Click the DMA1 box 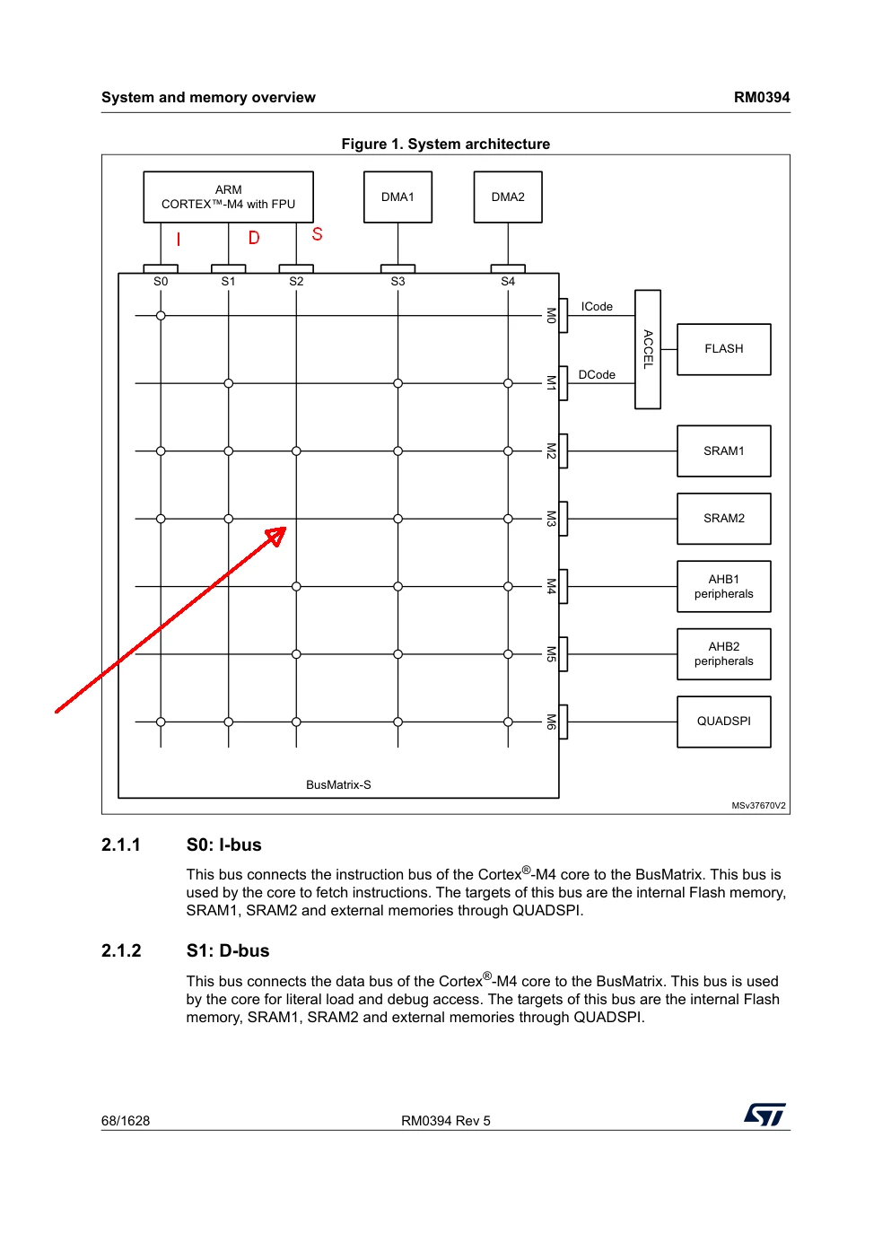click(x=397, y=197)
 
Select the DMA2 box click(x=508, y=197)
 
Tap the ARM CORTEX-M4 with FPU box click(x=229, y=197)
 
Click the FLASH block click(x=724, y=349)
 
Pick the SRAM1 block click(x=724, y=451)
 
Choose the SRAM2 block click(x=724, y=519)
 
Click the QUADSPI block click(x=724, y=722)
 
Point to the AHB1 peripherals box click(x=724, y=586)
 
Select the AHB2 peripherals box click(x=724, y=654)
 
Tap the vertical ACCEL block click(x=648, y=349)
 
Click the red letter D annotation click(x=254, y=238)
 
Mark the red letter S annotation click(x=318, y=234)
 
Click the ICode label click(x=597, y=307)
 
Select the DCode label click(x=597, y=374)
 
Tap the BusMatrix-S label click(x=338, y=784)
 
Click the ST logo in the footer click(x=765, y=1115)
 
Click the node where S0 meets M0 click(x=161, y=316)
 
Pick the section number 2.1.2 click(x=121, y=950)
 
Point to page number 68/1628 click(x=126, y=1121)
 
